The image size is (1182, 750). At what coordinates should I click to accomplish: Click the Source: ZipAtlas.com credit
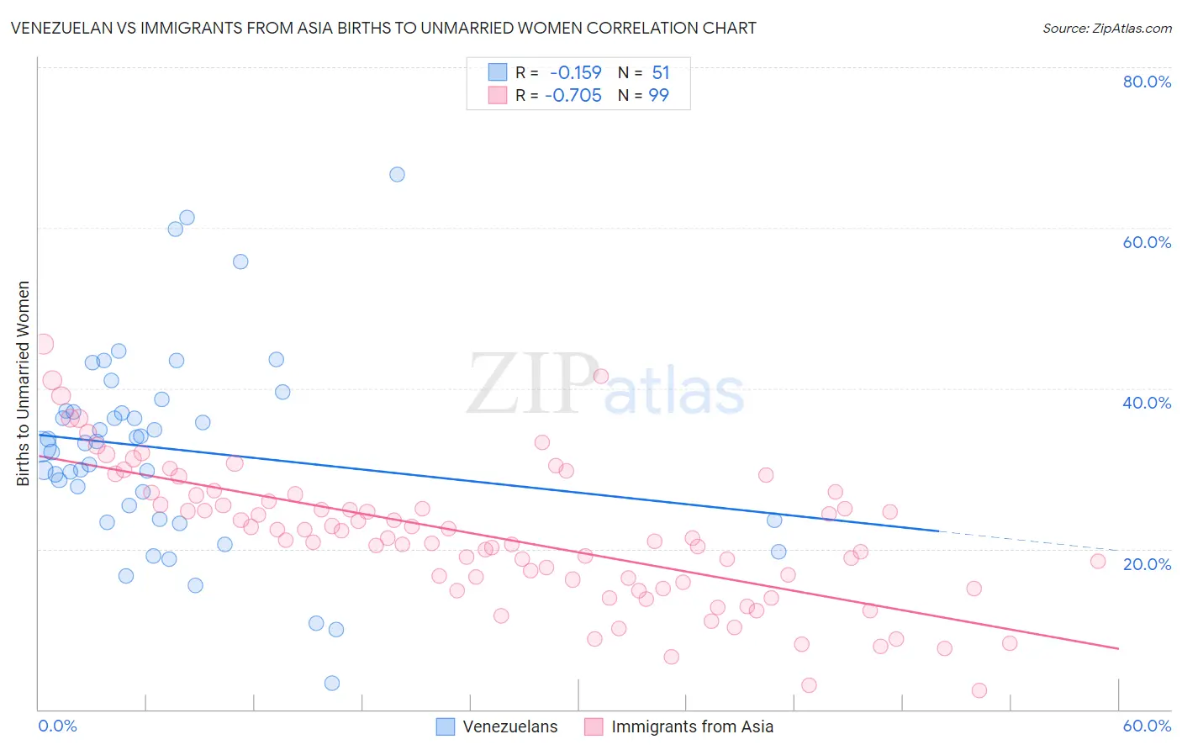1106,28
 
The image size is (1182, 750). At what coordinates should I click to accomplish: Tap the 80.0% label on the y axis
1147,82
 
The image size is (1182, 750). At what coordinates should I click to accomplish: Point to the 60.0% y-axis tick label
1147,242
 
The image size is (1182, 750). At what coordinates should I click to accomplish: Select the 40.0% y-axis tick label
1147,403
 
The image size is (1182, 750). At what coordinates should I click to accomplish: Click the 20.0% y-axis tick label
1147,563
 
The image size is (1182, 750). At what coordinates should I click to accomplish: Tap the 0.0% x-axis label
57,726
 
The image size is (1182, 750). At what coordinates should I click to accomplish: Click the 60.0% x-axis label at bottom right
1147,726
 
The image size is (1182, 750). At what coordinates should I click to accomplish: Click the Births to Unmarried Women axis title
24,383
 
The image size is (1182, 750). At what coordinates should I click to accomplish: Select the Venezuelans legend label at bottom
509,726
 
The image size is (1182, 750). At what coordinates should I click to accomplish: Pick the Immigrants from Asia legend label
692,726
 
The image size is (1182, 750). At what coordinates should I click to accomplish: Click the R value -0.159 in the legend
576,73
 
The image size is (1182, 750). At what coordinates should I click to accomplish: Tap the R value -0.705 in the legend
573,95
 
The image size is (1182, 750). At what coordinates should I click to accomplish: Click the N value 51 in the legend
661,73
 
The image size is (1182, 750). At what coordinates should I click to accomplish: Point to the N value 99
659,95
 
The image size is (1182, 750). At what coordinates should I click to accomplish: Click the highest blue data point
397,175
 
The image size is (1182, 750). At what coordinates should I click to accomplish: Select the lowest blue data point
332,683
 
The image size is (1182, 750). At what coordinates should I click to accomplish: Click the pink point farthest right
1097,561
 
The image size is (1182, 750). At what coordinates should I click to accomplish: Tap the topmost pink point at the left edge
43,344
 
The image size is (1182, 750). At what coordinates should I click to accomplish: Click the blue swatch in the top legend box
498,72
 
